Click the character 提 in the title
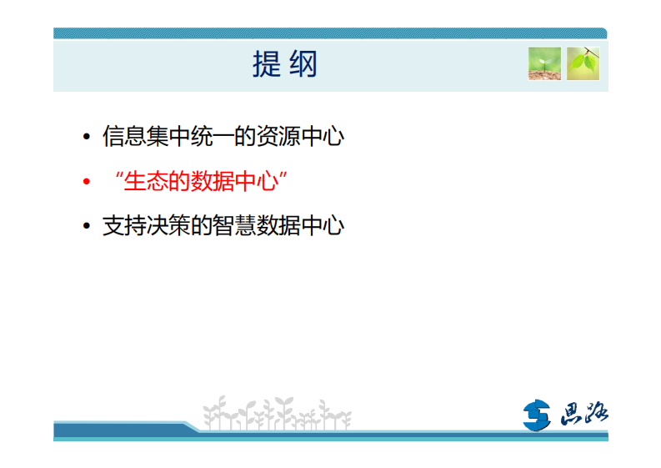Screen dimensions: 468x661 click(x=267, y=64)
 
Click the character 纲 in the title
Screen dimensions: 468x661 click(x=303, y=64)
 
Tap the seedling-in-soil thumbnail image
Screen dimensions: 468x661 click(x=544, y=63)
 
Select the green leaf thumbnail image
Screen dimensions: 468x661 click(x=583, y=63)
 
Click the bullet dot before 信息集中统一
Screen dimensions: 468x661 click(x=86, y=138)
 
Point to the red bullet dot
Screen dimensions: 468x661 click(x=86, y=182)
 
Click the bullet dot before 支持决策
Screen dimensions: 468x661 click(x=86, y=227)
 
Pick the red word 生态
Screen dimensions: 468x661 click(x=146, y=181)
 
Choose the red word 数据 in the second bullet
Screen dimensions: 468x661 click(x=218, y=181)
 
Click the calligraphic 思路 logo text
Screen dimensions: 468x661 click(x=581, y=413)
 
